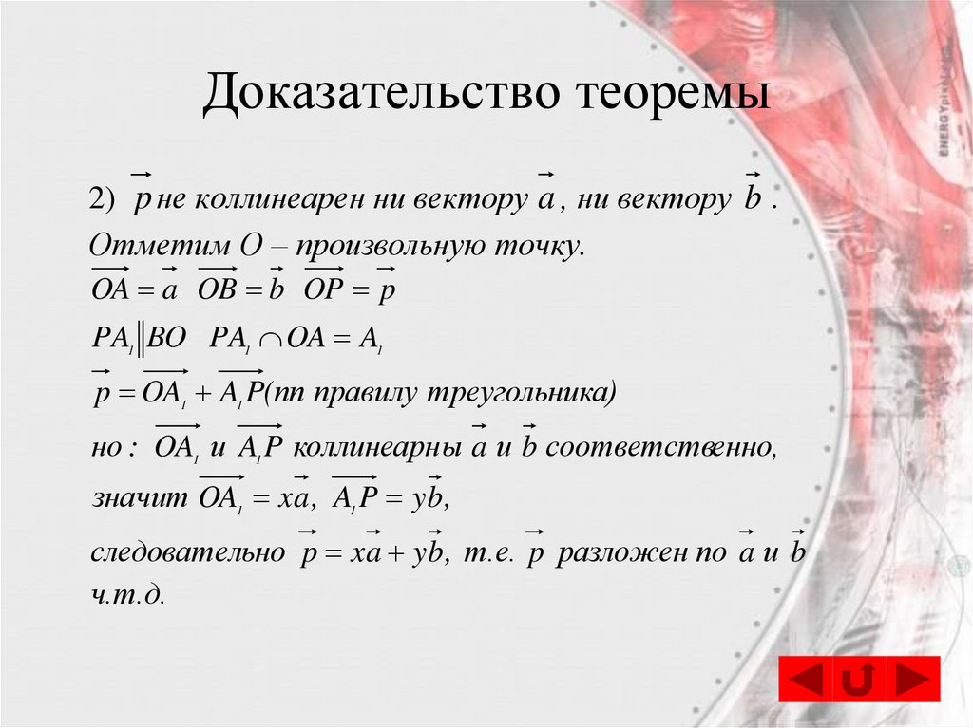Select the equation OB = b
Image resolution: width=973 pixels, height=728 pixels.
[x=241, y=290]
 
